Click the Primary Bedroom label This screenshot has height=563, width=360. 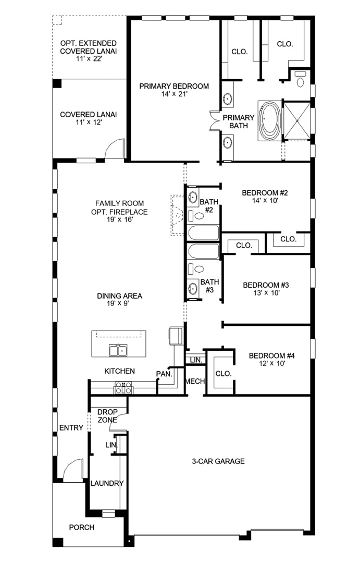tap(174, 86)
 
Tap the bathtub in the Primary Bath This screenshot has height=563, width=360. tap(269, 120)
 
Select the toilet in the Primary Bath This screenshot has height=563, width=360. tap(301, 79)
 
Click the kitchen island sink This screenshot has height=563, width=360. tap(118, 350)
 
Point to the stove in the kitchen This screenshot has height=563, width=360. tap(123, 388)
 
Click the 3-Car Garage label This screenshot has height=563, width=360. tap(218, 461)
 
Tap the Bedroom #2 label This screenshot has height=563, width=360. tap(265, 193)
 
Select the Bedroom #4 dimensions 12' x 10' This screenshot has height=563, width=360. tap(272, 363)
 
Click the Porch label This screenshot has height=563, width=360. tap(82, 527)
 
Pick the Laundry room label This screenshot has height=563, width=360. tap(107, 483)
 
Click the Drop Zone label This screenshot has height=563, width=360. tap(107, 416)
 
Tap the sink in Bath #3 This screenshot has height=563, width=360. tap(193, 288)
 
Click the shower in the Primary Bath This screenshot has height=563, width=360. tap(297, 121)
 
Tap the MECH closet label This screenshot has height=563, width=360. tap(195, 381)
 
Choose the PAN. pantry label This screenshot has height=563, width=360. tap(164, 374)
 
